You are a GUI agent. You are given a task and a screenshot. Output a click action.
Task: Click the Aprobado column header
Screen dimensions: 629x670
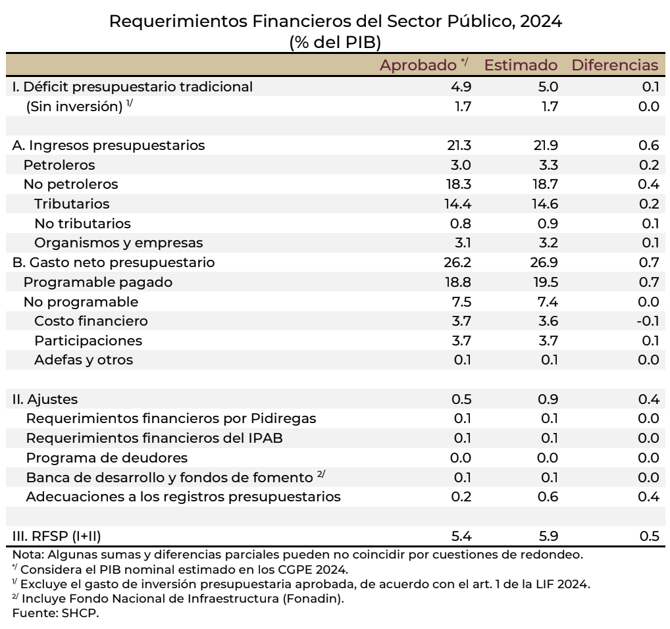[419, 65]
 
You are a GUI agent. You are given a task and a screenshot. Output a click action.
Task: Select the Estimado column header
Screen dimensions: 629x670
[521, 65]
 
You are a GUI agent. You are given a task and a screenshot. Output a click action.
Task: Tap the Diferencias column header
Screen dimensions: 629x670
[615, 65]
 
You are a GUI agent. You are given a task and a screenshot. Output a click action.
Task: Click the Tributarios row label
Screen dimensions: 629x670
[72, 204]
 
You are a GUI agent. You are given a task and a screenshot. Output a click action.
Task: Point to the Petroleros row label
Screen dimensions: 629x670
[59, 164]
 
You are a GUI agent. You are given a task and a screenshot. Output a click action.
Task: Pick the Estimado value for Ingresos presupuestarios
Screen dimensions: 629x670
[546, 145]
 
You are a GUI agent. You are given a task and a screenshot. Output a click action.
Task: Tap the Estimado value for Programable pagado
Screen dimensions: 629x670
[546, 282]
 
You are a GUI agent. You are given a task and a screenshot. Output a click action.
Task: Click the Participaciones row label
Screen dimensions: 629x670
[88, 341]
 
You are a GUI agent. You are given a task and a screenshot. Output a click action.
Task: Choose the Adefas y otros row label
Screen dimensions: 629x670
[84, 360]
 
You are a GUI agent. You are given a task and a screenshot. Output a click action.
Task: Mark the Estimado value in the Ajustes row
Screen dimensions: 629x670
[548, 399]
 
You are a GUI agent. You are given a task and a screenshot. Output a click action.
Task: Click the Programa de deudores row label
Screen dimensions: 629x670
[107, 458]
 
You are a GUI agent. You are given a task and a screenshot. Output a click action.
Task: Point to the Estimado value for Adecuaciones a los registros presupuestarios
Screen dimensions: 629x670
[548, 497]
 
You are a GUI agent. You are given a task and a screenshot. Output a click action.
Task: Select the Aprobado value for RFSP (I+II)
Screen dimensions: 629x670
[461, 536]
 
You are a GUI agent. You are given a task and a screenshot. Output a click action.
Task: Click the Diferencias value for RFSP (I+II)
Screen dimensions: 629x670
[649, 536]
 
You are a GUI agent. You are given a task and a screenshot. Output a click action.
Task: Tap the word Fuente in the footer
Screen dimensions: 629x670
[32, 613]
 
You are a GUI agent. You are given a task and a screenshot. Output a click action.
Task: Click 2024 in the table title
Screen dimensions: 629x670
[540, 21]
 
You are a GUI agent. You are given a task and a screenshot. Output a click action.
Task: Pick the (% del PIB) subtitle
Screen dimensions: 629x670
[335, 41]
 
